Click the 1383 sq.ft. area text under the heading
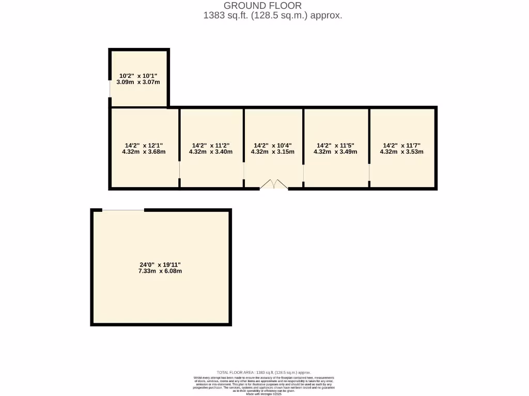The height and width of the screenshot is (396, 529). tap(273, 15)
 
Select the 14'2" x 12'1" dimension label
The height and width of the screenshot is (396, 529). tap(144, 145)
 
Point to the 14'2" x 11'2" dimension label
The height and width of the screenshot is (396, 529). tap(211, 145)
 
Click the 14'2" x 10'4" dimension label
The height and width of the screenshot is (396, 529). tap(273, 145)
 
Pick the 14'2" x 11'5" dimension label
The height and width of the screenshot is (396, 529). tap(335, 145)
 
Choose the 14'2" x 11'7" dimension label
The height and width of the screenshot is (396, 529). tap(402, 145)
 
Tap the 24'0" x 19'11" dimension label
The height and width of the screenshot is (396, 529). tap(160, 265)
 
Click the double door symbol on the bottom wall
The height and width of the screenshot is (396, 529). tap(273, 185)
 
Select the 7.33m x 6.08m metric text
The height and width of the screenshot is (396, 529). tap(160, 271)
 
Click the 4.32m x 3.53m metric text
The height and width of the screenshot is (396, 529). tap(402, 152)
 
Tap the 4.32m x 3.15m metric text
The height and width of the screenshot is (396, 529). tap(273, 152)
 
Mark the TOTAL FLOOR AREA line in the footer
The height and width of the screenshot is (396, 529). tap(264, 372)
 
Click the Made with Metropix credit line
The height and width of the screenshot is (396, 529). tap(264, 394)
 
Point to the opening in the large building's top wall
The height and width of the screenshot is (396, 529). tap(123, 210)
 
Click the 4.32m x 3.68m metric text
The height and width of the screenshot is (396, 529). tap(144, 152)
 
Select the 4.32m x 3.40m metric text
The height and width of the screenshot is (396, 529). tap(211, 152)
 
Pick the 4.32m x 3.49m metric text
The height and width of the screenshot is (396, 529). tap(335, 152)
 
